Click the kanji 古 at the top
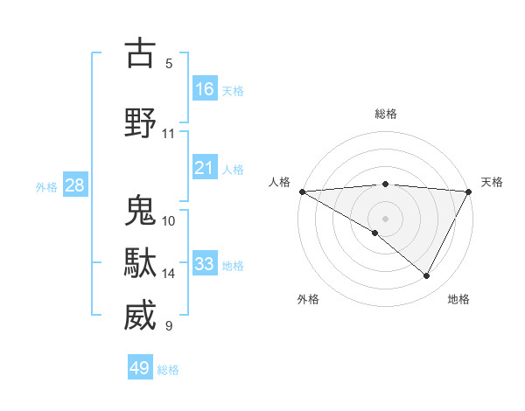pos(141,53)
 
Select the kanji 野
pos(141,123)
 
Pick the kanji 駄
pos(141,263)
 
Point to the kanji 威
pos(141,316)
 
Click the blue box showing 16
pos(205,88)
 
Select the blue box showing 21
pos(205,168)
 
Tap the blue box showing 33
pos(205,264)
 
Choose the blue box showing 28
pos(74,185)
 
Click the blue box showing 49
pos(140,368)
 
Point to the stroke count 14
pos(169,274)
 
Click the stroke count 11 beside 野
pos(169,134)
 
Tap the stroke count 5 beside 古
pos(169,64)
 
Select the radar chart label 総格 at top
pos(385,114)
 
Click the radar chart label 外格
pos(308,299)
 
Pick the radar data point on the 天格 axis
pos(469,192)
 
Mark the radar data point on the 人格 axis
pos(302,192)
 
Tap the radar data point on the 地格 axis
pos(427,275)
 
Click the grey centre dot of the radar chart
pos(385,217)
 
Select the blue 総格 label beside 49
pos(168,370)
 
